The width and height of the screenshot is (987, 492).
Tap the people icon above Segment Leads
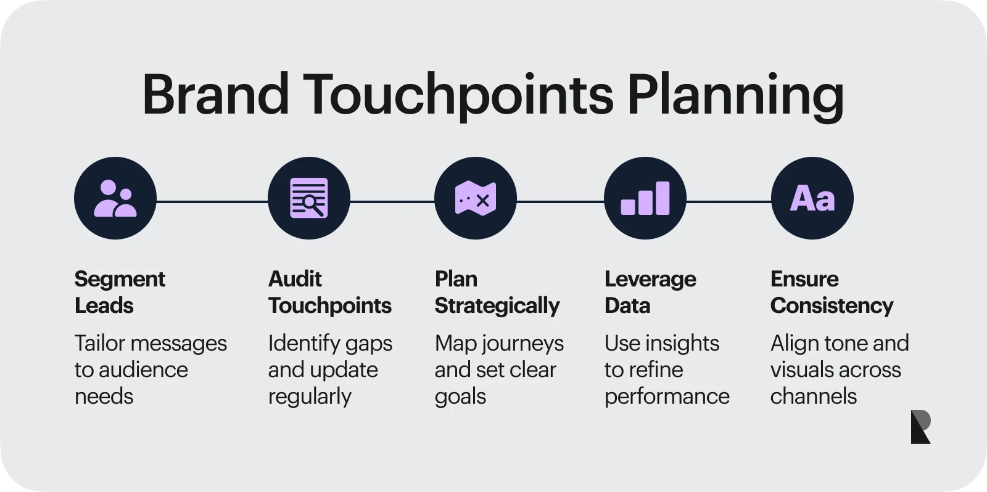click(115, 198)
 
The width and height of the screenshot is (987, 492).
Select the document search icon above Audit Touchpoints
click(309, 198)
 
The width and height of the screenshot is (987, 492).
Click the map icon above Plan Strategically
click(476, 198)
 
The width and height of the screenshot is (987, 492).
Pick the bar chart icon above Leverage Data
click(645, 198)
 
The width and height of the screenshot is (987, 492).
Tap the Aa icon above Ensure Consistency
click(812, 198)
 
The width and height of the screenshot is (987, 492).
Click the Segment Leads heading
click(120, 292)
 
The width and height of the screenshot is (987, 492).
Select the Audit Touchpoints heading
click(329, 292)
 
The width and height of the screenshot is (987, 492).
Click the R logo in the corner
click(920, 427)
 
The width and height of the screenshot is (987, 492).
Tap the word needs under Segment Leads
click(104, 396)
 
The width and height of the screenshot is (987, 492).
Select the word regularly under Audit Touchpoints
click(310, 396)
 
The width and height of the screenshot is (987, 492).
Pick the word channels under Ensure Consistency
click(814, 396)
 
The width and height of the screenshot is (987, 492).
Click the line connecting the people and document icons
click(212, 202)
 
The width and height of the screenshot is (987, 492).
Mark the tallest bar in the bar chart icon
click(663, 198)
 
